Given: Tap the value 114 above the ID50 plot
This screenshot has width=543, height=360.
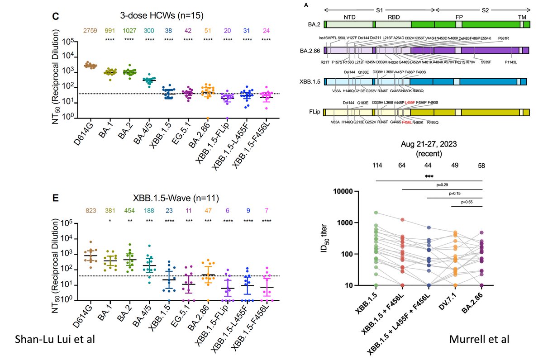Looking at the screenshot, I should (x=376, y=166).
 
